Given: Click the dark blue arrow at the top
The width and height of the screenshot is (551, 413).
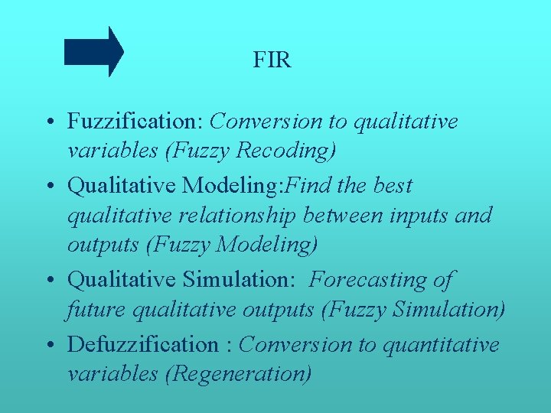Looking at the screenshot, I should click(93, 51).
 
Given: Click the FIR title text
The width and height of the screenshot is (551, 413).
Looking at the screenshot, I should click(272, 60).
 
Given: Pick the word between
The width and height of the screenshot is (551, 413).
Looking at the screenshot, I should click(343, 216).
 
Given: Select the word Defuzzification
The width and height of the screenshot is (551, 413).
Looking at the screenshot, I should click(142, 344).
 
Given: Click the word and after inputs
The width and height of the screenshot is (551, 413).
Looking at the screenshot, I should click(475, 216).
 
